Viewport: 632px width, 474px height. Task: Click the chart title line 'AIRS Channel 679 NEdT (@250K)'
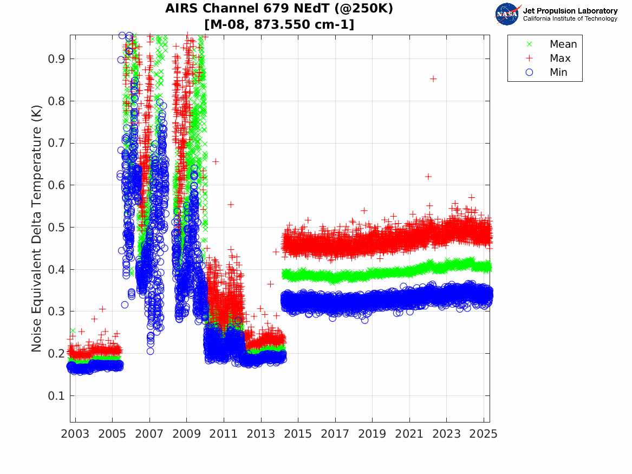click(x=279, y=9)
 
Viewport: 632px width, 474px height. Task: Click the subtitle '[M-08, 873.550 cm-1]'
click(x=279, y=24)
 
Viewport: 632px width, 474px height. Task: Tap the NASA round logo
click(x=507, y=14)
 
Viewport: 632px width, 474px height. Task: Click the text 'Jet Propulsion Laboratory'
click(x=570, y=10)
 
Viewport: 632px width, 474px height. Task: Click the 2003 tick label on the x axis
click(x=75, y=434)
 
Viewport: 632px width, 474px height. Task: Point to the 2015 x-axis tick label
click(x=298, y=434)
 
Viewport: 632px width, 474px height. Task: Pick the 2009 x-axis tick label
click(x=187, y=434)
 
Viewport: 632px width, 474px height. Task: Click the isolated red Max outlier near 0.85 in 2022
click(x=433, y=79)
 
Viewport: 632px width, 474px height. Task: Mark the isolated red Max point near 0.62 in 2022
click(x=428, y=176)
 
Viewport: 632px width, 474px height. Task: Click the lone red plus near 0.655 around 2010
click(x=216, y=161)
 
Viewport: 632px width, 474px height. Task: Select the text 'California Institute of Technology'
click(x=570, y=19)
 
